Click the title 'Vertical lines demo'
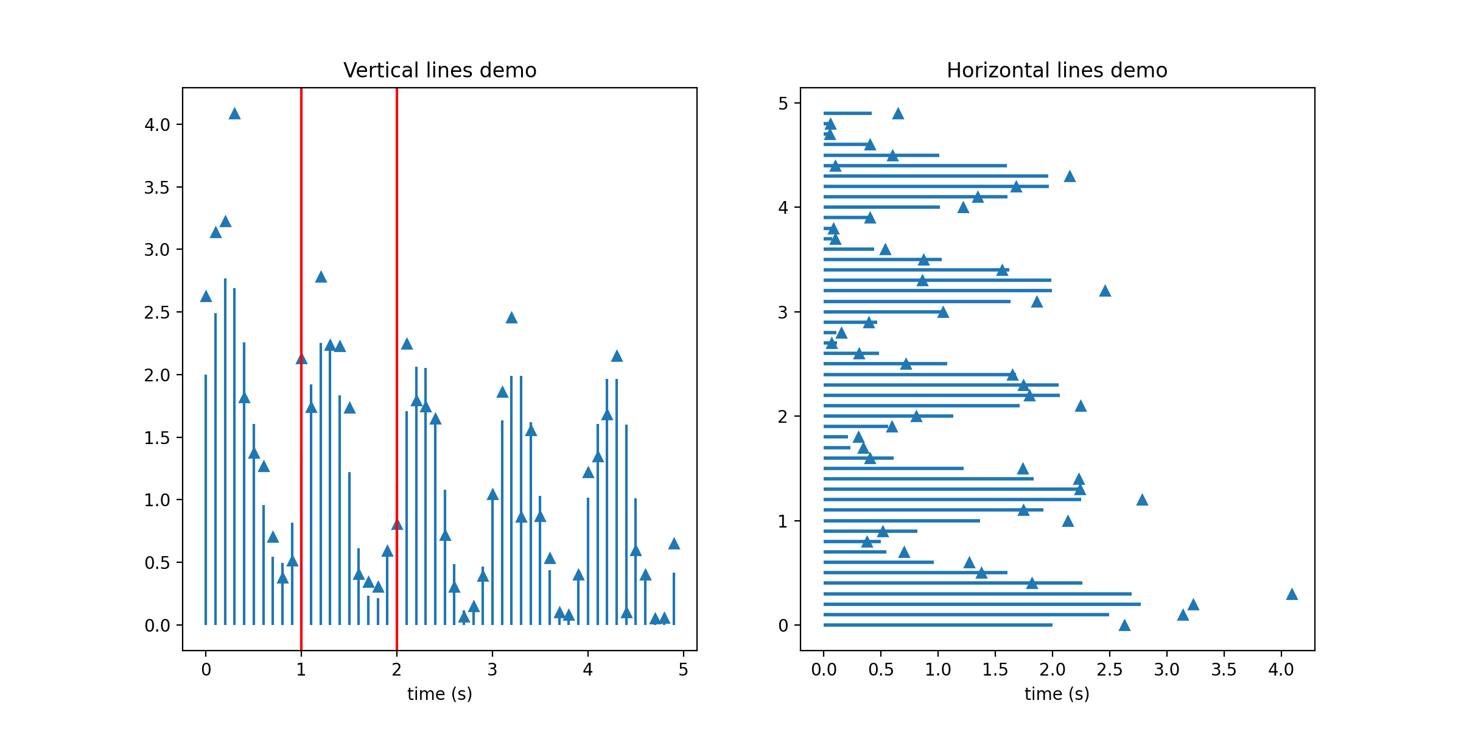tap(440, 71)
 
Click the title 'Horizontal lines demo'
tap(1057, 71)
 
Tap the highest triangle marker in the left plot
tap(234, 114)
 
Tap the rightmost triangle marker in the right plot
tap(1292, 594)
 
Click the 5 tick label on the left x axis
tap(683, 670)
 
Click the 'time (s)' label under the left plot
tap(440, 694)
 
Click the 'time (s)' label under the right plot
tap(1057, 694)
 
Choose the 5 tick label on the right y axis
tap(783, 104)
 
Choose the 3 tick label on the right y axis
tap(783, 313)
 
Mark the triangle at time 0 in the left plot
tap(206, 297)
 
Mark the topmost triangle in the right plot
tap(898, 114)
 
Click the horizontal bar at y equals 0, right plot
tap(937, 625)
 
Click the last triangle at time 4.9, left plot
tap(674, 544)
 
